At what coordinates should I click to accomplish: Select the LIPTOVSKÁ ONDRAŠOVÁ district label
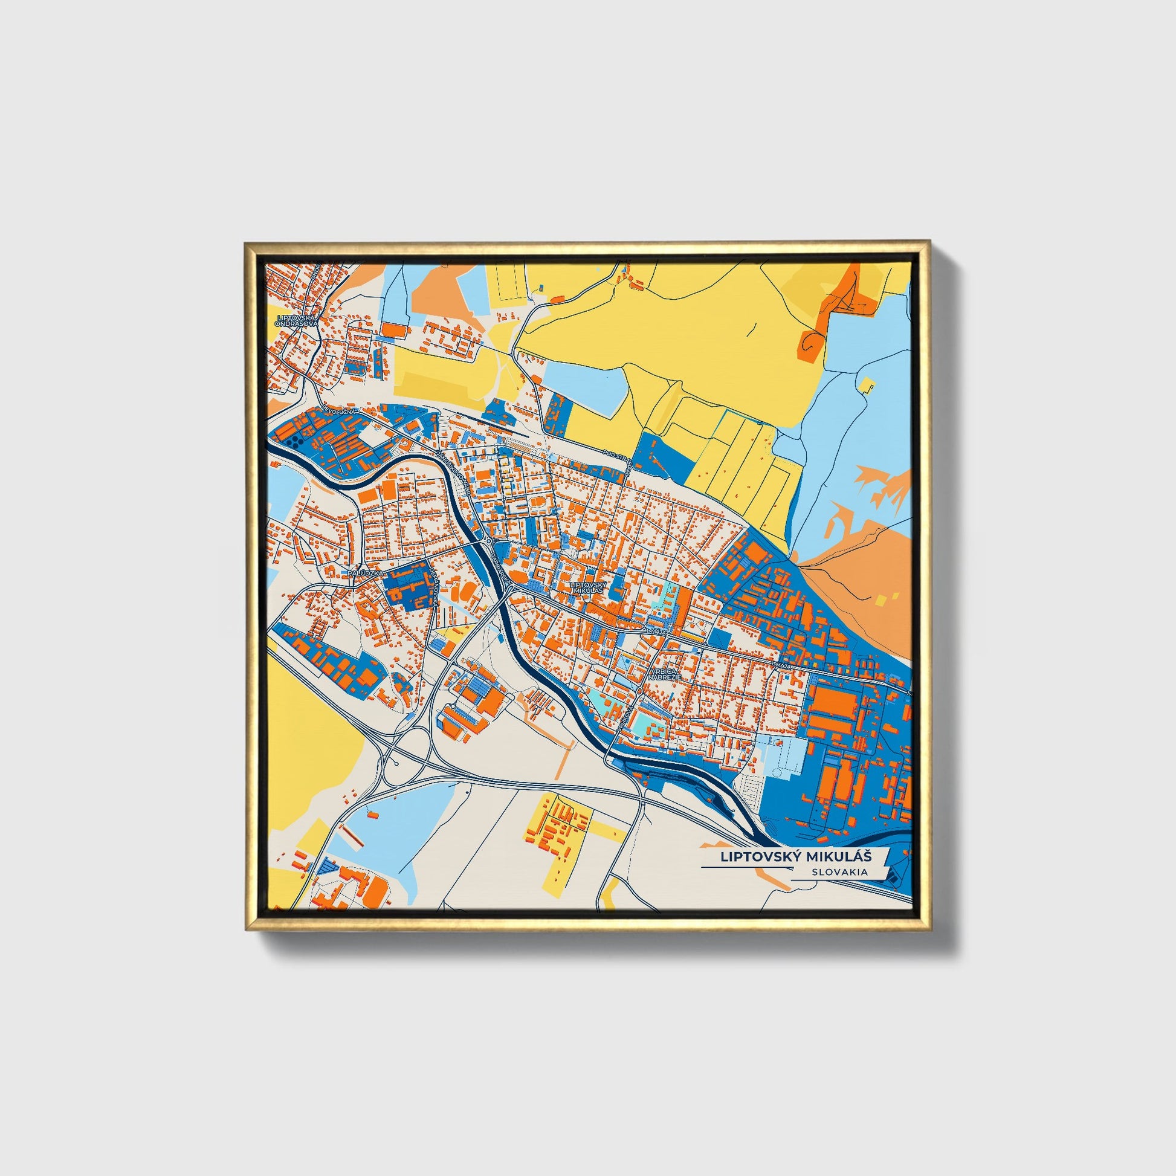[x=297, y=321]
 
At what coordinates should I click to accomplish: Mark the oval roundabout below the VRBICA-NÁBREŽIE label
[x=641, y=691]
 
